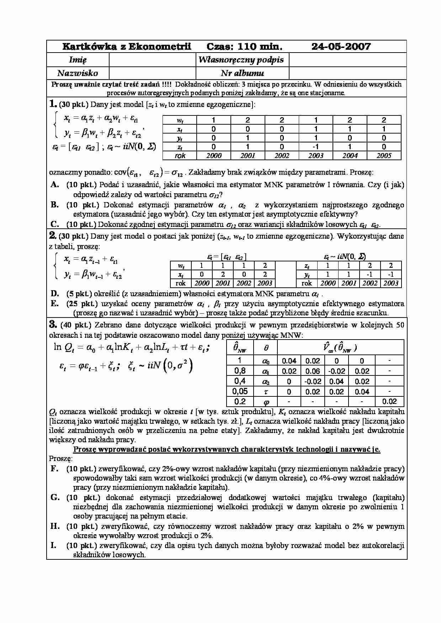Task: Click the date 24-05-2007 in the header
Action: [x=341, y=47]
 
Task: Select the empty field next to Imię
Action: [x=153, y=60]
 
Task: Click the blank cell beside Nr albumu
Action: [x=347, y=73]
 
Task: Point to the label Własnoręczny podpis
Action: [x=242, y=60]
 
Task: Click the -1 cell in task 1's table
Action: [x=315, y=147]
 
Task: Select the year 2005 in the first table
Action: [x=384, y=156]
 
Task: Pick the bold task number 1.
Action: [x=53, y=104]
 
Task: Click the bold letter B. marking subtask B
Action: [x=54, y=205]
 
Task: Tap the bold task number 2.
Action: [x=53, y=236]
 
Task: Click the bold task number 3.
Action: [x=53, y=324]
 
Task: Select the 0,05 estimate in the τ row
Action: [x=240, y=391]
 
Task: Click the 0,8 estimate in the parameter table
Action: [x=240, y=371]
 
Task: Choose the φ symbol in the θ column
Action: [x=266, y=402]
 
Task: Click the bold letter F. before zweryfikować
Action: [x=54, y=469]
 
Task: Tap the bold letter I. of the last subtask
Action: [x=53, y=546]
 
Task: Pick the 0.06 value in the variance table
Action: [x=313, y=371]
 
